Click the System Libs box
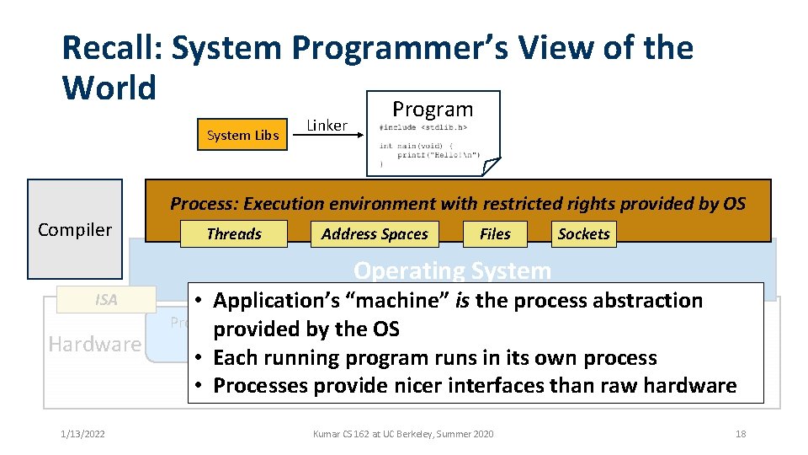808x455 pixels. [242, 135]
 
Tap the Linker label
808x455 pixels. [327, 126]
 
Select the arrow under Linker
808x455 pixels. [327, 137]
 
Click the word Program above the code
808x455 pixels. [433, 109]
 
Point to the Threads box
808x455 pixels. [234, 234]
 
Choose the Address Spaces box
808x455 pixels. [375, 234]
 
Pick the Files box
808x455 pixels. [495, 234]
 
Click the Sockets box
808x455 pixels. [583, 234]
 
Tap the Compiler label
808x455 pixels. [75, 229]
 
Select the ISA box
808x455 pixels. [106, 299]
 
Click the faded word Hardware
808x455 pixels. [95, 344]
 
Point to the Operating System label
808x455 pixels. [452, 270]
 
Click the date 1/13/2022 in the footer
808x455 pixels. [83, 434]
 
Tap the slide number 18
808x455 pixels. [741, 434]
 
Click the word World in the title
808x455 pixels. [109, 87]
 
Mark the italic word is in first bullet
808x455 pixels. [462, 301]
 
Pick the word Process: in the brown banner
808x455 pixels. [204, 203]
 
